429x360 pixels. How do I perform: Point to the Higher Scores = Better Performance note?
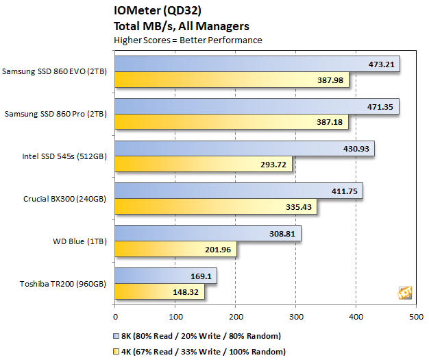tap(188, 40)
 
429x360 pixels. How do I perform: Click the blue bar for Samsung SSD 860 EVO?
tap(257, 64)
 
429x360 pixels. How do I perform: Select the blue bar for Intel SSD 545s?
tap(245, 149)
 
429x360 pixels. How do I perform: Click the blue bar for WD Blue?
tap(208, 234)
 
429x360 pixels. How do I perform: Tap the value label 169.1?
tap(202, 276)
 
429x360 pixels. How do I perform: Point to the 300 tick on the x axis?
tap(296, 317)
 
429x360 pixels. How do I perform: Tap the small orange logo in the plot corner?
tap(405, 293)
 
